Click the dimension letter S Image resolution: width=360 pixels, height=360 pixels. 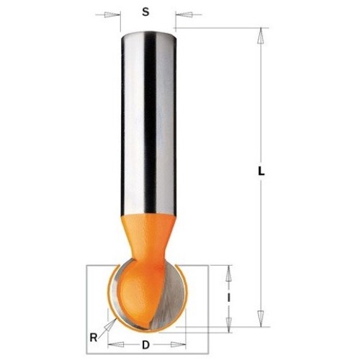tap(145, 12)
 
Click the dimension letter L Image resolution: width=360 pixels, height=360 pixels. tap(261, 171)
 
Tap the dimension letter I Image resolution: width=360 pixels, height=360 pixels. tap(229, 298)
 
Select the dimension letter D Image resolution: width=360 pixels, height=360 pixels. tap(145, 345)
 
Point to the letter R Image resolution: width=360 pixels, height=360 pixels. tap(94, 338)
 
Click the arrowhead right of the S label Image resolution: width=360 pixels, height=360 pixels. tap(184, 14)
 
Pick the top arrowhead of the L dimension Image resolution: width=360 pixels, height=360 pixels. tap(261, 36)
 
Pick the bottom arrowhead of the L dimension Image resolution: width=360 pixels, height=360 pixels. tap(261, 318)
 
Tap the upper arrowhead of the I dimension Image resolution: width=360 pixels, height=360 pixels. tap(229, 273)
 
